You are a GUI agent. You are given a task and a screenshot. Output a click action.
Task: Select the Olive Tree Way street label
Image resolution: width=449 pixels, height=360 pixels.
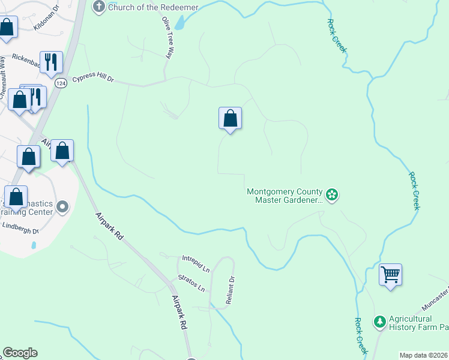170,37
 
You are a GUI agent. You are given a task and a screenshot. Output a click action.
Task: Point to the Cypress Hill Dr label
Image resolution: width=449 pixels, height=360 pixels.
92,79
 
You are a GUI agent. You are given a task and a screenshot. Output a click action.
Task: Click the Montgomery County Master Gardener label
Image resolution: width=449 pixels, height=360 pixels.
285,196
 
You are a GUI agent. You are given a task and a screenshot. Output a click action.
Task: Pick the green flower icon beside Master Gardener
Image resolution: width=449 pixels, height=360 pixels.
331,194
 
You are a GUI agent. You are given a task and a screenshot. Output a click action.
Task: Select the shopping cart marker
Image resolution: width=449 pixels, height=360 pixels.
391,275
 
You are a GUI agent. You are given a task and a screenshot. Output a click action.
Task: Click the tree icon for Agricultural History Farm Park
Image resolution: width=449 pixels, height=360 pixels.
379,322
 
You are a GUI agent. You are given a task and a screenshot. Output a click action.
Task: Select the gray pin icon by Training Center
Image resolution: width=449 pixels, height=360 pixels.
63,208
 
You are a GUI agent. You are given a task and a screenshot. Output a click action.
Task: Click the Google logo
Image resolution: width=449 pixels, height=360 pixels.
20,353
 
